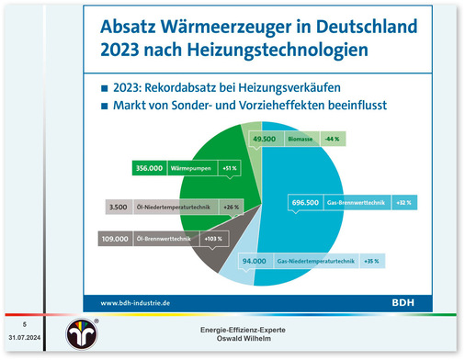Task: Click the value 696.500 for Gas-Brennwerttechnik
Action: point(308,201)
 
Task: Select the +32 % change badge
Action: point(402,201)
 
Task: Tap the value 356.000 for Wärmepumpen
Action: point(149,169)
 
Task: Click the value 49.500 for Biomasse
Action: point(265,139)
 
